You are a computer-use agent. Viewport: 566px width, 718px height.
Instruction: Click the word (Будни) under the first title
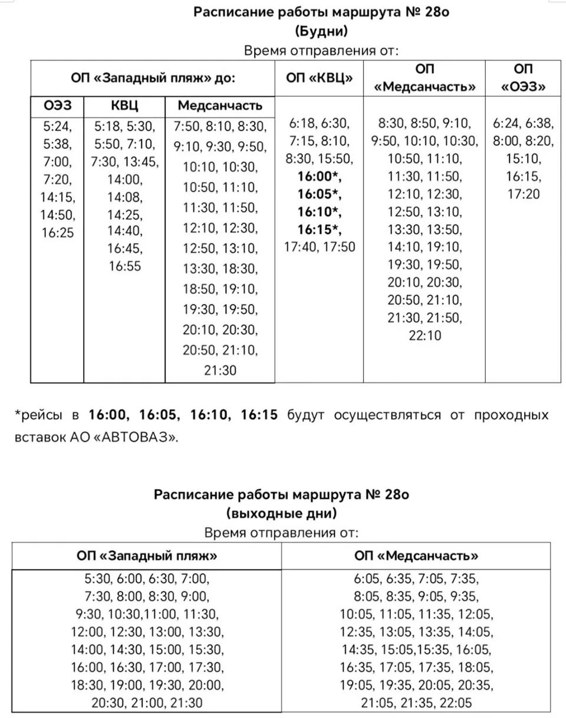pyautogui.click(x=321, y=30)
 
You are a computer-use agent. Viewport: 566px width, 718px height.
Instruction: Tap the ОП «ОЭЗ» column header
pyautogui.click(x=524, y=77)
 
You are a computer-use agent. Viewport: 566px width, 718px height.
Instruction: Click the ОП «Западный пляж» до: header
pyautogui.click(x=153, y=77)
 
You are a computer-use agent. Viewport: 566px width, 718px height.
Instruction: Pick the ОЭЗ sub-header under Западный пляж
pyautogui.click(x=57, y=106)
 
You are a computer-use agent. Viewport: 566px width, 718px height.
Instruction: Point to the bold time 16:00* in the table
pyautogui.click(x=320, y=177)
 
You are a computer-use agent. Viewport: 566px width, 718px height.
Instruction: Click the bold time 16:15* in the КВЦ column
pyautogui.click(x=320, y=229)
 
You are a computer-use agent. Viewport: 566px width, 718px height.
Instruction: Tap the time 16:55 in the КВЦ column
pyautogui.click(x=125, y=266)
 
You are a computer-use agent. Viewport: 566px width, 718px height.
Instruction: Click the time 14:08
pyautogui.click(x=125, y=197)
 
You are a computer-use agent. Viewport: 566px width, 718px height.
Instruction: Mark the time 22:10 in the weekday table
pyautogui.click(x=424, y=336)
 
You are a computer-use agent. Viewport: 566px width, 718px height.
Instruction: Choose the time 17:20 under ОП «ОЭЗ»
pyautogui.click(x=524, y=194)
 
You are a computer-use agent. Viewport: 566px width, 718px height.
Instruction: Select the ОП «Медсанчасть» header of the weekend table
pyautogui.click(x=416, y=556)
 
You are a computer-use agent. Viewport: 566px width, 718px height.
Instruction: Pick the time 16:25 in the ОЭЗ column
pyautogui.click(x=57, y=233)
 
